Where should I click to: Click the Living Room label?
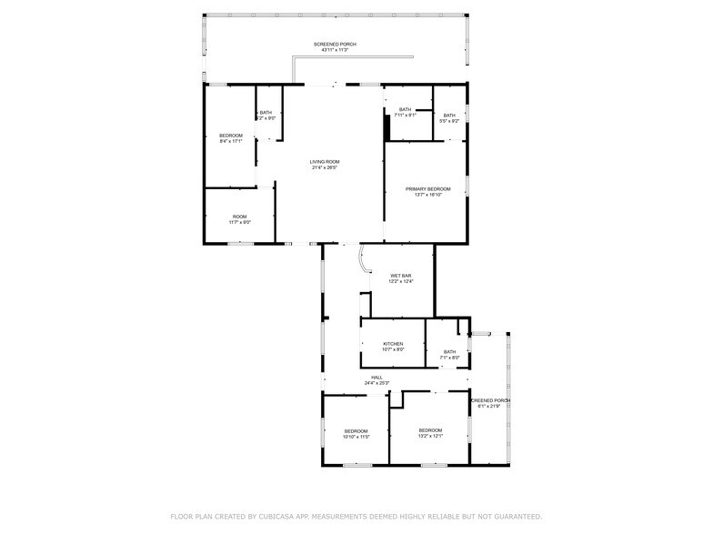324,162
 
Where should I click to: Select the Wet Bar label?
401,276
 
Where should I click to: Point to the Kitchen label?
393,344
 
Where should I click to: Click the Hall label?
377,378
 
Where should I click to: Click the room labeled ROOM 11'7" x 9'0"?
239,217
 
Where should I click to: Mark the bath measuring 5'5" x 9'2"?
449,116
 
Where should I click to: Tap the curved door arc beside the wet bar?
363,260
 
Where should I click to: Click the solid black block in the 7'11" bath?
387,126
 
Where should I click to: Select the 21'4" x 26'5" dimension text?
324,167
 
